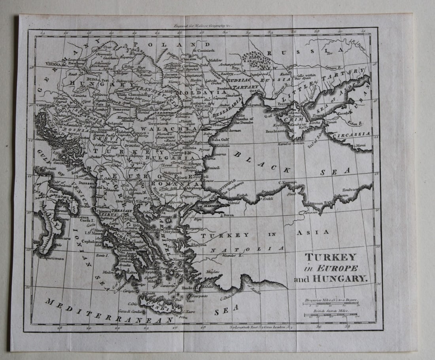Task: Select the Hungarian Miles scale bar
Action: [330, 304]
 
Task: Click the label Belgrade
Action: [115, 123]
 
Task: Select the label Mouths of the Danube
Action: [244, 121]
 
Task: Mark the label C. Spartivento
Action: [53, 258]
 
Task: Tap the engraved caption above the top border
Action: [203, 25]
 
